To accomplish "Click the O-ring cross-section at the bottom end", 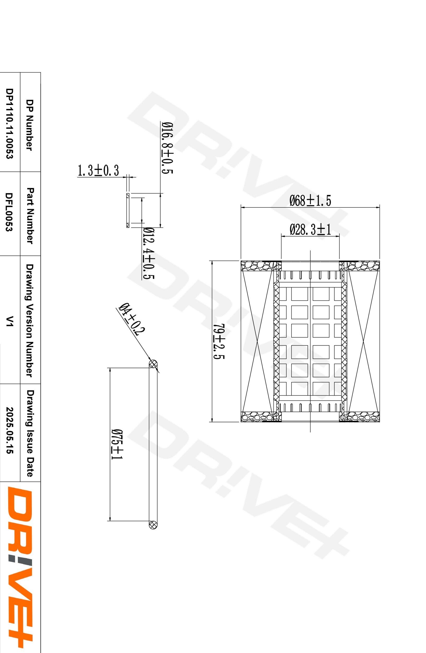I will tap(153, 524).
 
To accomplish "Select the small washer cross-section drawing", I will tap(127, 210).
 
